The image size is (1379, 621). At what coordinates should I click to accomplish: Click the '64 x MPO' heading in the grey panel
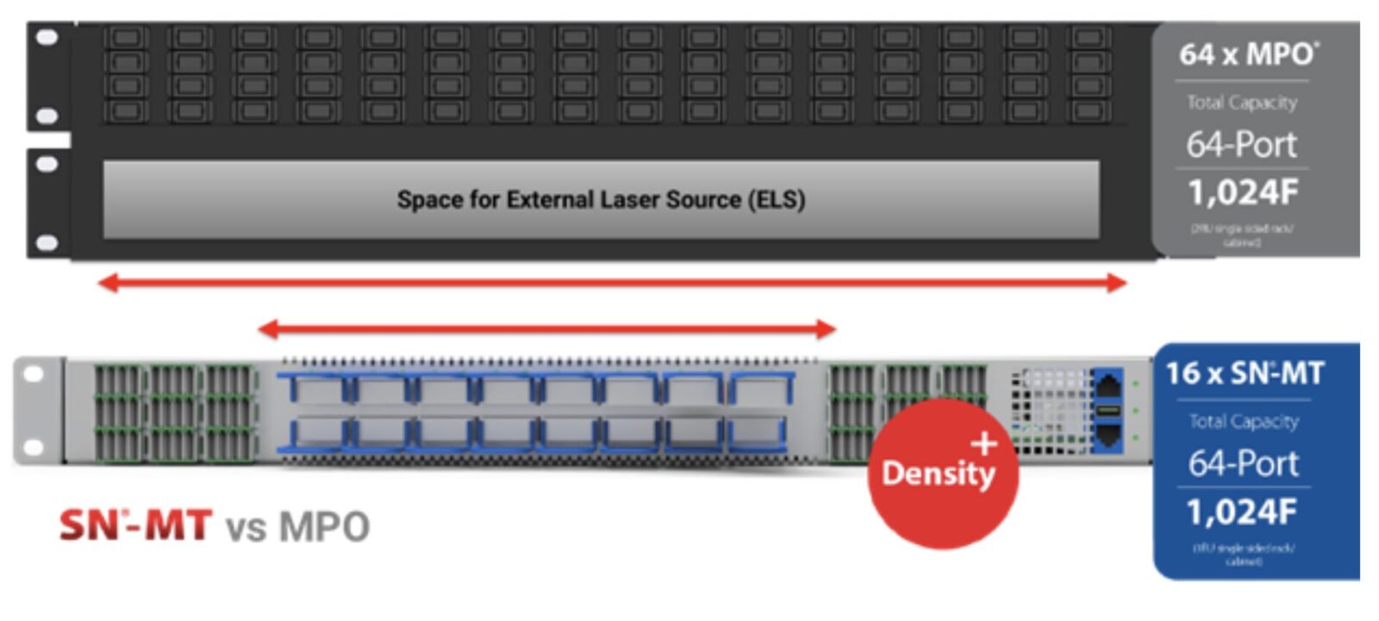(x=1247, y=54)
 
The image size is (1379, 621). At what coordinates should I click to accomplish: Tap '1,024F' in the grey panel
(x=1242, y=192)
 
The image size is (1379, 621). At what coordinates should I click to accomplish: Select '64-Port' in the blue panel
(x=1243, y=464)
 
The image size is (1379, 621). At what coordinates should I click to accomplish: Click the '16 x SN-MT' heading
(x=1244, y=373)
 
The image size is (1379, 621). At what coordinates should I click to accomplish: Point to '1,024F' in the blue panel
(x=1241, y=512)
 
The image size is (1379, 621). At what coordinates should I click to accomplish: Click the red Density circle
(x=942, y=474)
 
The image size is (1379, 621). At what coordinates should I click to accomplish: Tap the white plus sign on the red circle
(x=983, y=444)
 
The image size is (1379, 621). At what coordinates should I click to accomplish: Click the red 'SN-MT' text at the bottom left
(x=134, y=525)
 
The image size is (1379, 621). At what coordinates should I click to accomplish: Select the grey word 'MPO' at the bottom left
(x=324, y=526)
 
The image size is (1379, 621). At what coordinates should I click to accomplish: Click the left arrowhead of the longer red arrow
(x=109, y=283)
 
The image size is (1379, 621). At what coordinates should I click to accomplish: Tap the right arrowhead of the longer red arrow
(x=1117, y=283)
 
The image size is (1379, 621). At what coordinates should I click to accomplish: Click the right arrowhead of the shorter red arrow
(x=826, y=329)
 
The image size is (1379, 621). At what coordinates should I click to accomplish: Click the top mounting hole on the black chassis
(x=47, y=37)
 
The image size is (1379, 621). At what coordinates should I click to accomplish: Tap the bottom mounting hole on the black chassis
(x=47, y=243)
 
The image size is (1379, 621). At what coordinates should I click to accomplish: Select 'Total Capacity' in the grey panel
(x=1241, y=103)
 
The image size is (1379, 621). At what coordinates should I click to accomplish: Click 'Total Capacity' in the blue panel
(x=1243, y=421)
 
